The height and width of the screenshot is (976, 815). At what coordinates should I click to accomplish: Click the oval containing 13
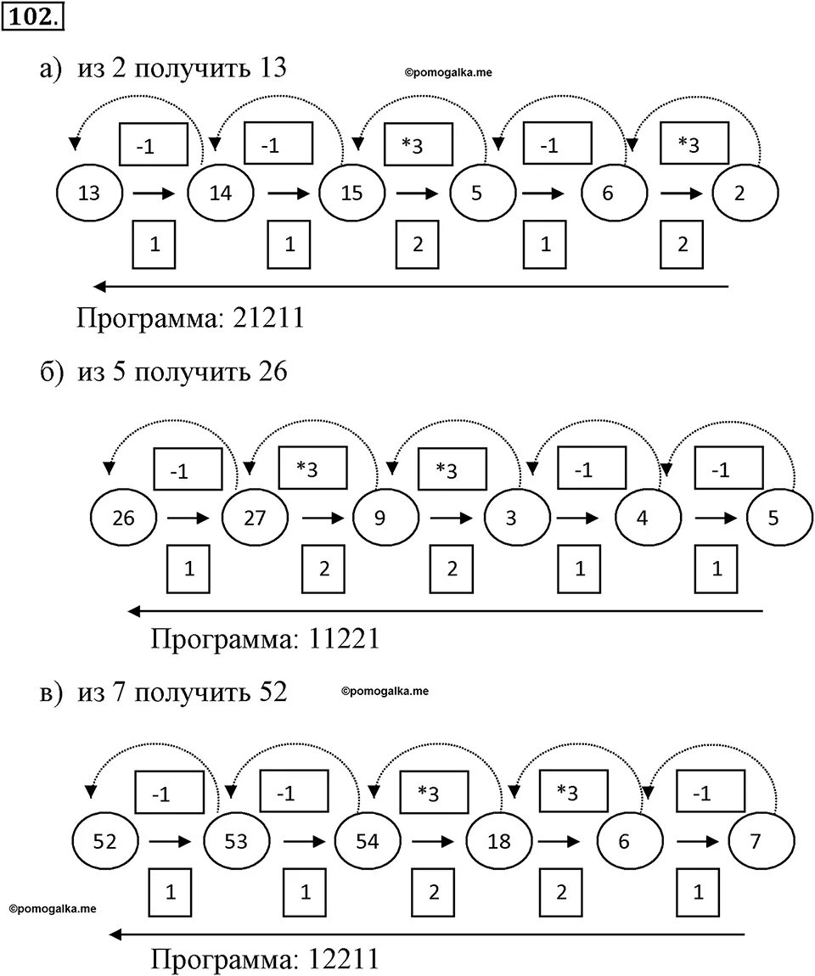89,193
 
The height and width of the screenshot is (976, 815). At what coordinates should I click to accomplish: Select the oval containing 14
221,193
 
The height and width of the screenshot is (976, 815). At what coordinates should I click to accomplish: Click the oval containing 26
124,517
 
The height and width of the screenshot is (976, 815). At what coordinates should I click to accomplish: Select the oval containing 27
255,517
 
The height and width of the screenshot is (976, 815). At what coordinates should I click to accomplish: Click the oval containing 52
105,841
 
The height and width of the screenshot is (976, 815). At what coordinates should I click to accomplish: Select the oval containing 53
236,841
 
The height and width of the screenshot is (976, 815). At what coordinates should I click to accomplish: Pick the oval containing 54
368,841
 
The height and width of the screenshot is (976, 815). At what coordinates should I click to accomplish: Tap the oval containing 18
499,841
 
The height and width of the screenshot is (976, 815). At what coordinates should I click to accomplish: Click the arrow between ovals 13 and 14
153,194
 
